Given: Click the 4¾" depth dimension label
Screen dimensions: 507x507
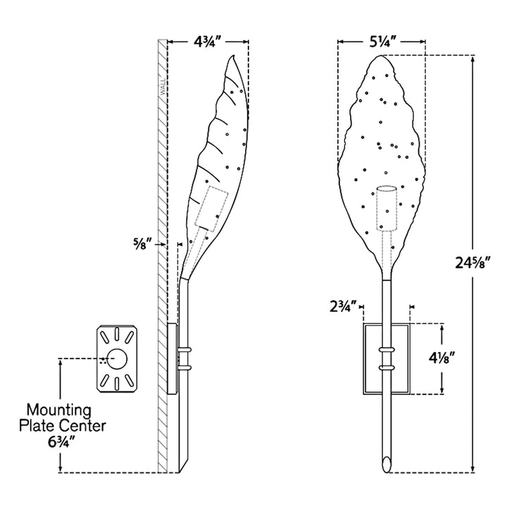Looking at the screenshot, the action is pyautogui.click(x=208, y=42).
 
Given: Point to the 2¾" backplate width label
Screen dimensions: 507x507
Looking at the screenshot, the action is pyautogui.click(x=343, y=306).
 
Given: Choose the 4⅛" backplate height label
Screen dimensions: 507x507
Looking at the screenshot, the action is pyautogui.click(x=442, y=358).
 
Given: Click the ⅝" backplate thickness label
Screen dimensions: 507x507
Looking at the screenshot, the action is pyautogui.click(x=142, y=244).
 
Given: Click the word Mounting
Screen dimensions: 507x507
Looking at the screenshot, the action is pyautogui.click(x=59, y=410).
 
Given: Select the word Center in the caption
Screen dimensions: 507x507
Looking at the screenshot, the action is pyautogui.click(x=83, y=425).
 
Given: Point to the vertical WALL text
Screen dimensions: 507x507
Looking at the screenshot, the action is pyautogui.click(x=163, y=87).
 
